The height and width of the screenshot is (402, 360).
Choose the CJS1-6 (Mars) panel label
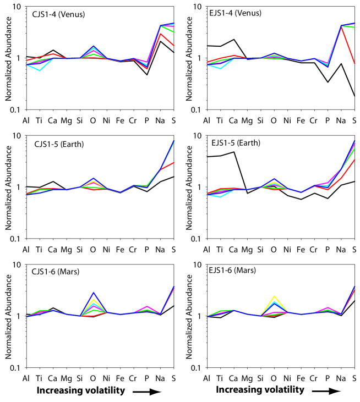(52, 272)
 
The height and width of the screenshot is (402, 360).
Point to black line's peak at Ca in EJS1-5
(234, 152)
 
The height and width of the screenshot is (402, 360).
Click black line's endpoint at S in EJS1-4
(354, 96)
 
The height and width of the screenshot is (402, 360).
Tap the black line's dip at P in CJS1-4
(147, 74)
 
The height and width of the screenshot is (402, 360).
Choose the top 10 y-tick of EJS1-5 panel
(190, 136)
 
